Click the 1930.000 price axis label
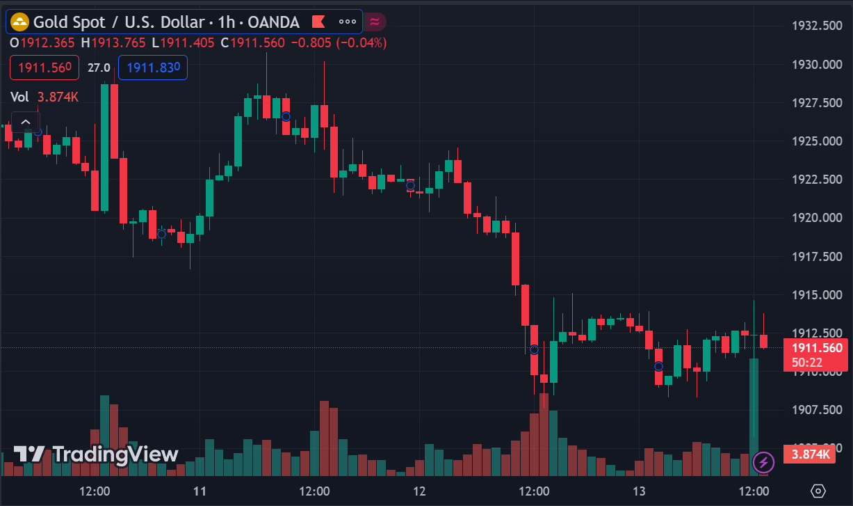(818, 65)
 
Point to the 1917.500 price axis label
(818, 256)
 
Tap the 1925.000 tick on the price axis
(818, 141)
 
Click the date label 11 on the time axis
(200, 491)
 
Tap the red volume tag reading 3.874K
(809, 454)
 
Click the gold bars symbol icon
(19, 22)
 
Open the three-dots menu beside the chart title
(347, 22)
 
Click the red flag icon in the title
(319, 22)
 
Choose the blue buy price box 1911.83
(153, 68)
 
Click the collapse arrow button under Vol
(26, 122)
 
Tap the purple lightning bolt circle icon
(763, 461)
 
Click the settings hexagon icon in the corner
(818, 491)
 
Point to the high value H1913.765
(113, 42)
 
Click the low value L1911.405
(187, 42)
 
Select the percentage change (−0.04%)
(361, 42)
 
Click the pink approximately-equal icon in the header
(375, 22)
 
